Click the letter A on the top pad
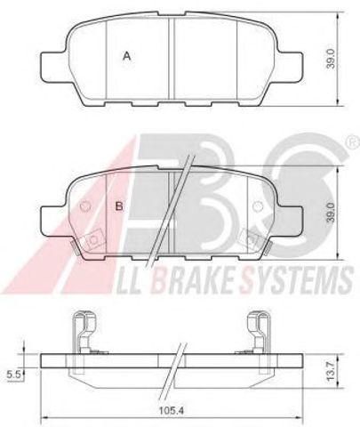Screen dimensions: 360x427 click(x=127, y=56)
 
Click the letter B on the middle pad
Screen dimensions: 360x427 click(x=119, y=205)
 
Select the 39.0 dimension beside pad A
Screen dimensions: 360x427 click(x=331, y=59)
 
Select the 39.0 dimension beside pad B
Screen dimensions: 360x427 click(x=331, y=213)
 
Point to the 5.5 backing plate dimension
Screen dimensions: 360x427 click(x=13, y=375)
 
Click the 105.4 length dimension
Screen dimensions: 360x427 click(x=172, y=411)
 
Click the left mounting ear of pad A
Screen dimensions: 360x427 click(x=52, y=68)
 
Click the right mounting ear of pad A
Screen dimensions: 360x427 click(x=290, y=68)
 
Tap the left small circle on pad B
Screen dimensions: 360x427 click(x=85, y=205)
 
